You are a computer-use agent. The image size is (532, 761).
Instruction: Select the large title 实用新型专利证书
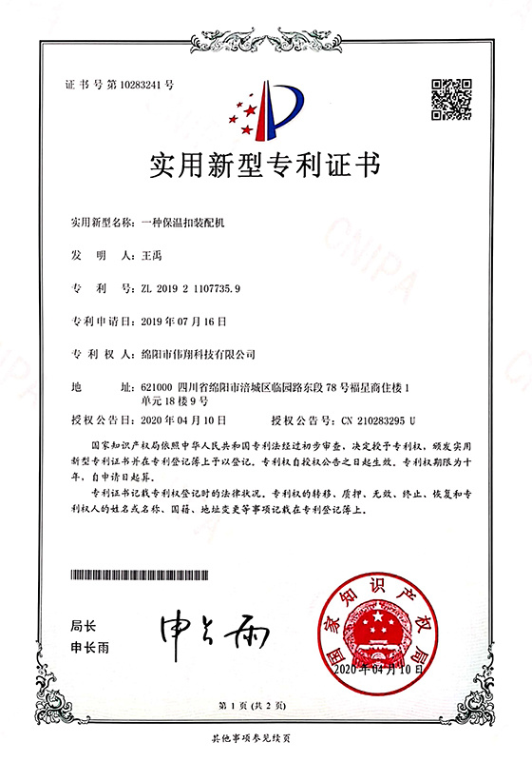pyautogui.click(x=266, y=166)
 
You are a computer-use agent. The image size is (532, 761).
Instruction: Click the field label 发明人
pyautogui.click(x=92, y=257)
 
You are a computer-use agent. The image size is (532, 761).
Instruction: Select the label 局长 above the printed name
pyautogui.click(x=84, y=627)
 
